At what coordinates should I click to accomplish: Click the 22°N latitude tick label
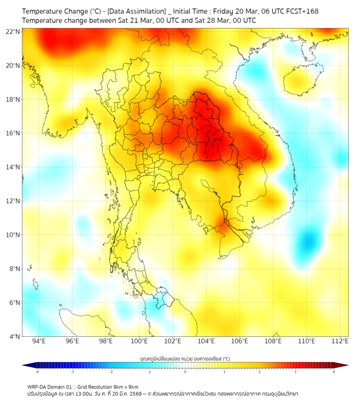tap(13, 31)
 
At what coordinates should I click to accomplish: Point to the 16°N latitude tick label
tap(13, 133)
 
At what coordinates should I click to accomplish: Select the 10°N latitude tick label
tap(13, 235)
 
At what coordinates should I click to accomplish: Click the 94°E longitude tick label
tap(39, 341)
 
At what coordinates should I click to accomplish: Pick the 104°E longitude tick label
tap(207, 341)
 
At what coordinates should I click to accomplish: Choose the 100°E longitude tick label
tap(140, 341)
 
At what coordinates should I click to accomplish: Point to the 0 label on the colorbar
tap(185, 372)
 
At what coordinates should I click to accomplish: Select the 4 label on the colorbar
tap(334, 372)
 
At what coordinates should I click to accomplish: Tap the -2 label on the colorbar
tap(111, 372)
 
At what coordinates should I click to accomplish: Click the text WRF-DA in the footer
tap(38, 386)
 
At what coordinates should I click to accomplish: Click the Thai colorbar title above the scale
tap(185, 359)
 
